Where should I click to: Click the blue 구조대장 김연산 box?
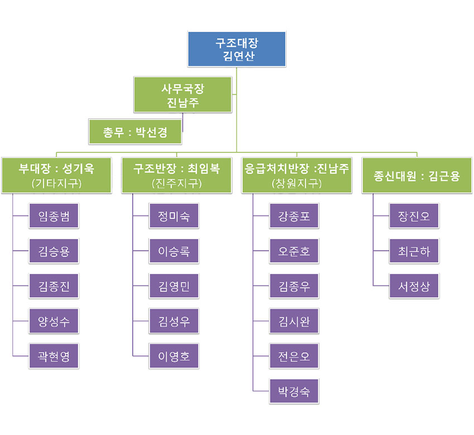click(x=236, y=49)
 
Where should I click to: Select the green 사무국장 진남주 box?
click(x=183, y=95)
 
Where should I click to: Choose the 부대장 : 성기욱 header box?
click(x=56, y=175)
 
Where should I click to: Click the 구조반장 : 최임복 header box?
click(x=176, y=175)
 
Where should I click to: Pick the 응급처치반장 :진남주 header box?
click(x=297, y=175)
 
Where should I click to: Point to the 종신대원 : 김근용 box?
click(x=417, y=175)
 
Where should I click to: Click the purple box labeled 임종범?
click(x=54, y=216)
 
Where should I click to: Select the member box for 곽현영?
click(x=54, y=356)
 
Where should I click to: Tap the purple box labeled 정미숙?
click(x=174, y=216)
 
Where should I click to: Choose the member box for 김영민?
click(x=174, y=286)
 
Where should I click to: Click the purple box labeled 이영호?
click(x=174, y=356)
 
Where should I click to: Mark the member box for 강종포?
click(x=294, y=216)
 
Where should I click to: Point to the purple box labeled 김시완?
click(x=294, y=321)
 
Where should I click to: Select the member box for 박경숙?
click(x=294, y=391)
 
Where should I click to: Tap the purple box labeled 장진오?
click(x=414, y=216)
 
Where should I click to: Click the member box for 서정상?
click(x=414, y=286)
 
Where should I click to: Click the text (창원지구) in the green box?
click(x=297, y=183)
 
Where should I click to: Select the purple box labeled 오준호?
click(x=294, y=251)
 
